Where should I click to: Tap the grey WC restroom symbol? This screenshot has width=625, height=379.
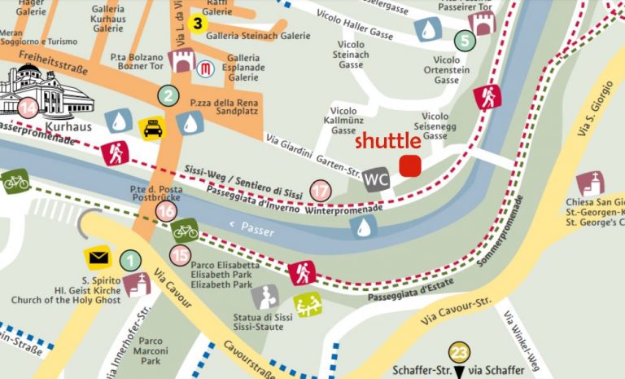[376, 179]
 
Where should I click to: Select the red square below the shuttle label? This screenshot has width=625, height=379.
[409, 165]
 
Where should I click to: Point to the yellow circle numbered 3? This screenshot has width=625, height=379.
[196, 23]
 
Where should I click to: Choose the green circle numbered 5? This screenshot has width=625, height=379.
[464, 40]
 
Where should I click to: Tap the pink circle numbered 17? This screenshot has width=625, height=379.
[321, 192]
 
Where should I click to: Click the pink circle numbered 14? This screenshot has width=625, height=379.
[28, 108]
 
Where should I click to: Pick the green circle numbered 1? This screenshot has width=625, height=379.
[129, 261]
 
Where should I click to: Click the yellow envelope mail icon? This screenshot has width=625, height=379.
[98, 259]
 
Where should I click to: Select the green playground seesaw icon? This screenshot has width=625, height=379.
[308, 305]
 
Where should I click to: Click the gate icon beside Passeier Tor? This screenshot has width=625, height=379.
[481, 23]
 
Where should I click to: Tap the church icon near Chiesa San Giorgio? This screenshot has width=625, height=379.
[590, 184]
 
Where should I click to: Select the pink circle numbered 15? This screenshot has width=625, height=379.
[180, 255]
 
